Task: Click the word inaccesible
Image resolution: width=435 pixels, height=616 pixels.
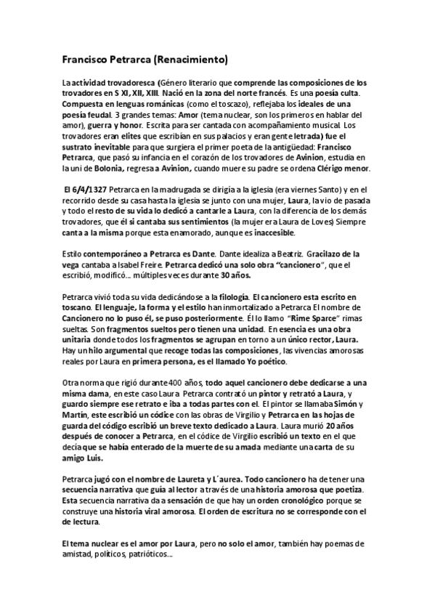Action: pos(269,232)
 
